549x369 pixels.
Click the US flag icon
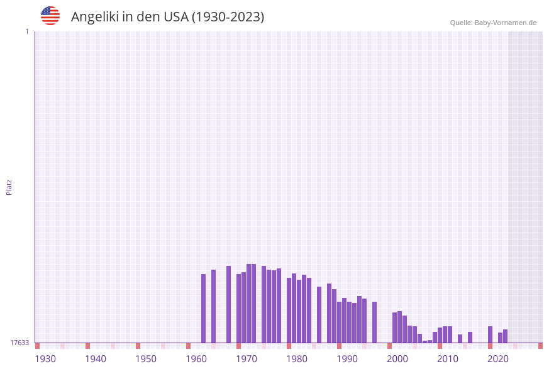point(50,16)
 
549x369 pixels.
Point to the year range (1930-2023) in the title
point(228,17)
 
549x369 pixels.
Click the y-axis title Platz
point(9,187)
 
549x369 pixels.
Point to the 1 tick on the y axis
point(26,31)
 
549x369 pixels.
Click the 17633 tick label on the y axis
point(19,343)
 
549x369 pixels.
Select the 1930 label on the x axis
point(45,358)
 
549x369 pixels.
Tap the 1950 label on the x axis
point(146,358)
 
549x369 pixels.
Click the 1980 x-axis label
point(297,358)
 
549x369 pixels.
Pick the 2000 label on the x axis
point(397,358)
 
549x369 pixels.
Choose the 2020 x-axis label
point(498,358)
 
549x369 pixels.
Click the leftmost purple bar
point(204,308)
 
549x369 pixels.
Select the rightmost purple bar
point(505,336)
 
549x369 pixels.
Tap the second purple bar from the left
point(214,306)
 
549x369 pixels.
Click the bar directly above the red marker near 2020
point(490,334)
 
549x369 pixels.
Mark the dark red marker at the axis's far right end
point(540,346)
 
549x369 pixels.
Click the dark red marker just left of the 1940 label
point(87,346)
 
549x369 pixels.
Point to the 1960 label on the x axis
point(196,358)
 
